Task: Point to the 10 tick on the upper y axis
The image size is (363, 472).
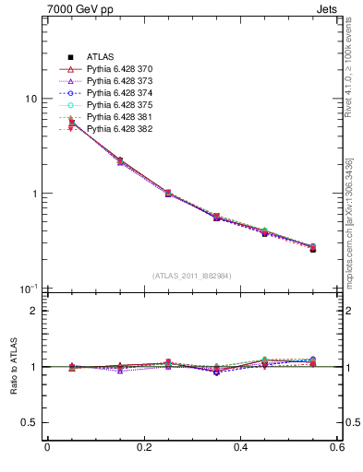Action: (x=30, y=100)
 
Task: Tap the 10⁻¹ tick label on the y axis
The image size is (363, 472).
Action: (x=29, y=289)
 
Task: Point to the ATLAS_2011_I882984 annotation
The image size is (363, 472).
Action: (x=192, y=276)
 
